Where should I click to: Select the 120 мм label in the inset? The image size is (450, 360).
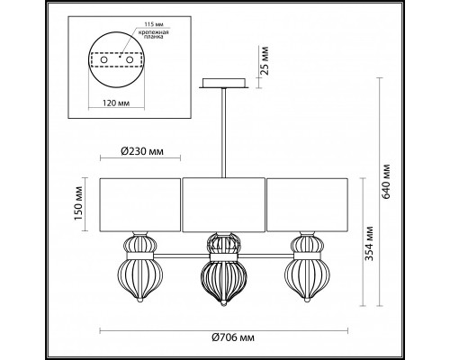(114, 104)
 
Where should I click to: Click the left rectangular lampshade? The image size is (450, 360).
(139, 205)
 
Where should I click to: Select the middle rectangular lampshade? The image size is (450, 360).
(223, 205)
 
